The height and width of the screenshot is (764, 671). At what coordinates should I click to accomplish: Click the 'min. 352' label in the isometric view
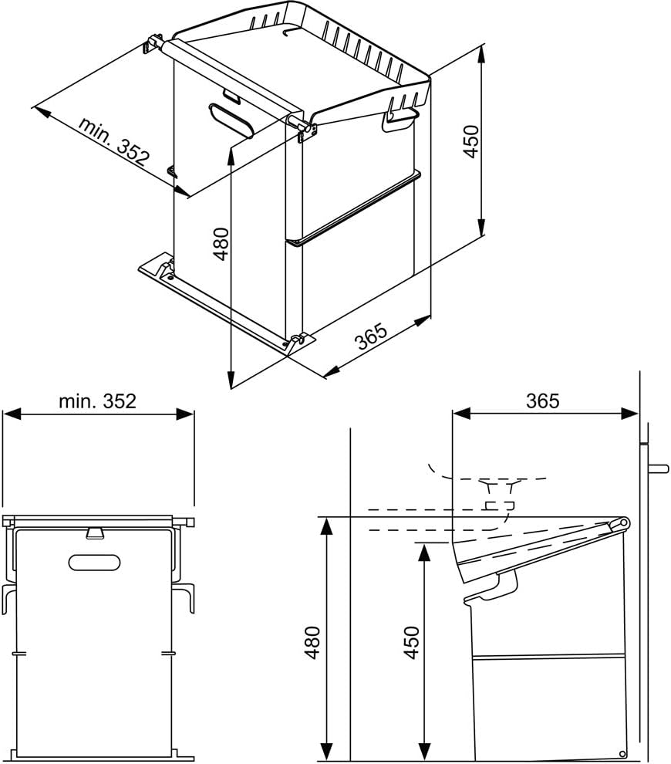(114, 141)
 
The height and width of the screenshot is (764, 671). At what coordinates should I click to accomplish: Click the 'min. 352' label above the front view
(97, 401)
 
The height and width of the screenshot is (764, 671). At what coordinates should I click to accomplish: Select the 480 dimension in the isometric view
(221, 244)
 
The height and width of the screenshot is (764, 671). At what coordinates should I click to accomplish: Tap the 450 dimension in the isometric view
(471, 141)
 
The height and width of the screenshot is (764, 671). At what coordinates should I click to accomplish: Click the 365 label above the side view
(542, 401)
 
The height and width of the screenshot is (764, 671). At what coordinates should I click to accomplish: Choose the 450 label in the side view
(412, 643)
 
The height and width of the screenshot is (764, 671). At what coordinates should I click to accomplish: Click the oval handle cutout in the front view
(94, 563)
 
